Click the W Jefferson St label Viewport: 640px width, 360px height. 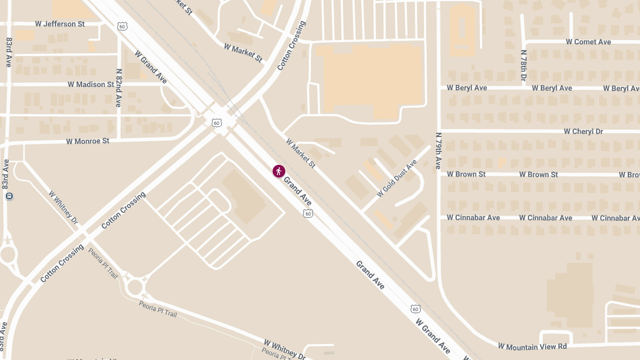coord(60,24)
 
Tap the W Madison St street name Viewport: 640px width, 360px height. coord(91,84)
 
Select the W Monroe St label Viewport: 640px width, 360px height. coord(87,141)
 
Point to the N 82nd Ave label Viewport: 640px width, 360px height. coord(118,88)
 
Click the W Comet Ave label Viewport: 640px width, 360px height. coord(588,42)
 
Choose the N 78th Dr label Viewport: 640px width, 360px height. coord(523,65)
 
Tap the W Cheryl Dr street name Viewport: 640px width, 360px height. coord(583,131)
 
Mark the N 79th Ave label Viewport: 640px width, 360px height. coord(438,151)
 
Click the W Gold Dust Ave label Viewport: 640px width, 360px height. coord(396,178)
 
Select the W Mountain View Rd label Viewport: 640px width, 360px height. coord(532,347)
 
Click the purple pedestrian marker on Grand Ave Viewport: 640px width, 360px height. coord(278,171)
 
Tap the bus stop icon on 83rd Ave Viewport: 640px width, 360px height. coord(9,196)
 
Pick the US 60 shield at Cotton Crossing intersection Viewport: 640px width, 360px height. coord(216,123)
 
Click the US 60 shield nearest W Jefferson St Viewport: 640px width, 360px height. coord(123,26)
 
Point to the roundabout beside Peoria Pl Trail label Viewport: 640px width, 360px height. coord(134,287)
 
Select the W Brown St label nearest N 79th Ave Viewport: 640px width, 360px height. coord(466,174)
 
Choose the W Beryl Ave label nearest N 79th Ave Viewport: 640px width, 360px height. coord(467,88)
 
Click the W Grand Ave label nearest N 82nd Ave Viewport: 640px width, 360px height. coord(151,67)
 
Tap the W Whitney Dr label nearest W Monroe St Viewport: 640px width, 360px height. coord(63,206)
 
